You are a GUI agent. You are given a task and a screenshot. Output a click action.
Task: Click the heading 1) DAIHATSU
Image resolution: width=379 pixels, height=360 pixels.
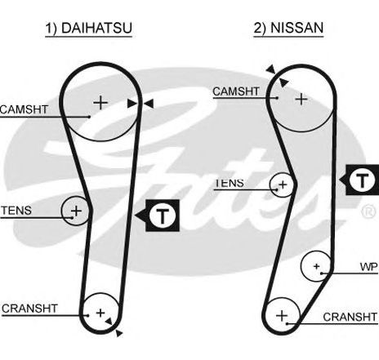tap(89, 28)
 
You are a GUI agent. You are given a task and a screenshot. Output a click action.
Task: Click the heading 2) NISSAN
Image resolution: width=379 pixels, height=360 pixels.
tap(288, 28)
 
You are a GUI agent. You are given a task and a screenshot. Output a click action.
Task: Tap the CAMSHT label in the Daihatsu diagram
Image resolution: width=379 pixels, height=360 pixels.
tap(24, 109)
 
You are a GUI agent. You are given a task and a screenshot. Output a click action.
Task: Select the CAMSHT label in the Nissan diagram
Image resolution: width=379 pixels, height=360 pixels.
tap(236, 91)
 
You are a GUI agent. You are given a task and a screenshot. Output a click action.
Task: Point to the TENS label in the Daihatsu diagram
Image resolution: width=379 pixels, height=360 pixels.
tap(16, 211)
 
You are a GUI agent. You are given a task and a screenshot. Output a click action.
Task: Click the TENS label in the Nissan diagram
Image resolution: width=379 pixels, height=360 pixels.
tap(230, 183)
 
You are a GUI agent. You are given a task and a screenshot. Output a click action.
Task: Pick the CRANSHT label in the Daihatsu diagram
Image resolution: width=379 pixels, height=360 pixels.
tap(29, 309)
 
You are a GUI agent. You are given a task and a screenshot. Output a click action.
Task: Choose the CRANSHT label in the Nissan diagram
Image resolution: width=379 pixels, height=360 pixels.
tap(350, 317)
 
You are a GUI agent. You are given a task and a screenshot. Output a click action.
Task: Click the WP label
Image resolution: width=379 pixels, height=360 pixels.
tap(368, 267)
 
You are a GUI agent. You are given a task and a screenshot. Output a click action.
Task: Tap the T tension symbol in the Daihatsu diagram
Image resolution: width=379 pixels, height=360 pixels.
tap(163, 216)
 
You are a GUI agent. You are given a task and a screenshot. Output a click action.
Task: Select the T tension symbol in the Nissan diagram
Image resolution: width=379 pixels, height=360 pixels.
tap(362, 180)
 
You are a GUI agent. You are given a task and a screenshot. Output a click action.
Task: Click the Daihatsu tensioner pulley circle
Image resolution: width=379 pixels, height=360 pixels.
tap(62, 211)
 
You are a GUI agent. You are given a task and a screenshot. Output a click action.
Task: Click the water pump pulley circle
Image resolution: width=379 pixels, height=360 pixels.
tap(301, 266)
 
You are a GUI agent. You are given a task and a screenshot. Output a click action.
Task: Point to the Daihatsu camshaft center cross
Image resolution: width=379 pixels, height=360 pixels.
tap(100, 103)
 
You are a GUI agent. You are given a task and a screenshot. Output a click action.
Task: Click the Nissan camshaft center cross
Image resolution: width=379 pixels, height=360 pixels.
tap(301, 99)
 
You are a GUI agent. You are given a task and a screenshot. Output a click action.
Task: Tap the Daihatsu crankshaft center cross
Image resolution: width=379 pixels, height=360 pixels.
tap(100, 313)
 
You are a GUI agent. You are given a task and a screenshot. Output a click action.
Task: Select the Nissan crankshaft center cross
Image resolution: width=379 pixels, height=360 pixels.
tap(282, 316)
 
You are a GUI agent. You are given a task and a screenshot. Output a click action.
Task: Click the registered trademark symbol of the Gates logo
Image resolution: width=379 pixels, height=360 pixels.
tap(368, 211)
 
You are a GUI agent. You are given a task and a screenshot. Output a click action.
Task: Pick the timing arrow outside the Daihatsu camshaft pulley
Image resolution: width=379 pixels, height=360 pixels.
tap(149, 104)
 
